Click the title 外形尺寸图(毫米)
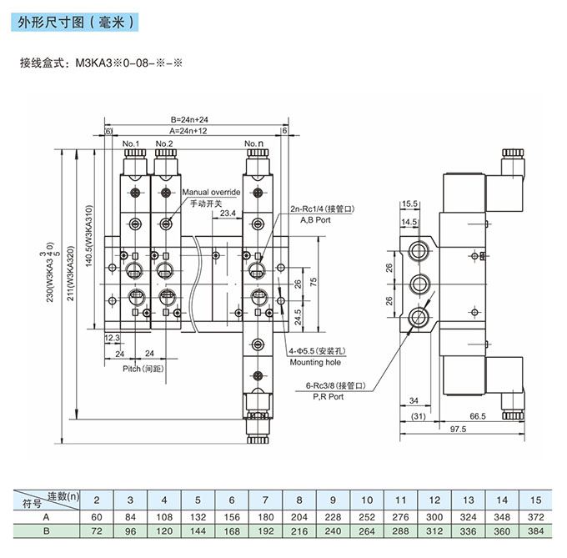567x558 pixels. click(x=74, y=25)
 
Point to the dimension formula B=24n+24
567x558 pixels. click(x=188, y=120)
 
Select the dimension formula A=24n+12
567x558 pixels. click(x=188, y=131)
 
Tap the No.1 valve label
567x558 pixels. click(x=132, y=144)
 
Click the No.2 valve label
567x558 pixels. click(x=164, y=144)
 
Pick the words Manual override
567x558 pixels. click(x=212, y=192)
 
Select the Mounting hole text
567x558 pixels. click(x=316, y=362)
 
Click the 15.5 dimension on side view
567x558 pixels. click(x=409, y=203)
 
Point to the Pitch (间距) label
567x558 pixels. click(x=143, y=368)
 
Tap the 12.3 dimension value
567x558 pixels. click(x=112, y=338)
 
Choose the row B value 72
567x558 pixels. click(x=96, y=530)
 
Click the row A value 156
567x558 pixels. click(x=231, y=518)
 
